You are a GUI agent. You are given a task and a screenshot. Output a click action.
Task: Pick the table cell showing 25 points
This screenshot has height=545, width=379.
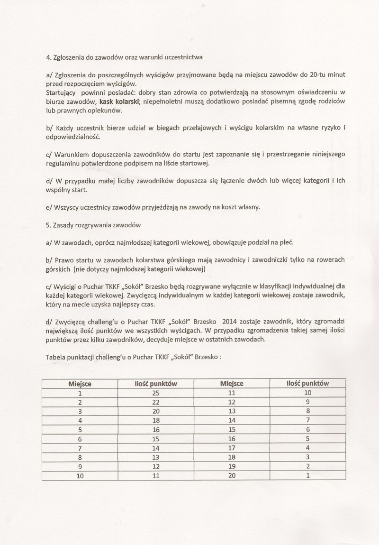coord(156,393)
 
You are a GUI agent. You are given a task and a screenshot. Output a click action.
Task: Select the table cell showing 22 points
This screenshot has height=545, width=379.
coord(156,402)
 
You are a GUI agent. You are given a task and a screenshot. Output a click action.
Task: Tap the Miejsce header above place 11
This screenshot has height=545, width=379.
coord(232,384)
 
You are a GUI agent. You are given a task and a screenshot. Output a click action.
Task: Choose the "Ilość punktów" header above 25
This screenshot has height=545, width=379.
coord(156,384)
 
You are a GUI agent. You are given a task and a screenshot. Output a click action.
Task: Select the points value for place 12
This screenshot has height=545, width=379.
coord(308,402)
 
